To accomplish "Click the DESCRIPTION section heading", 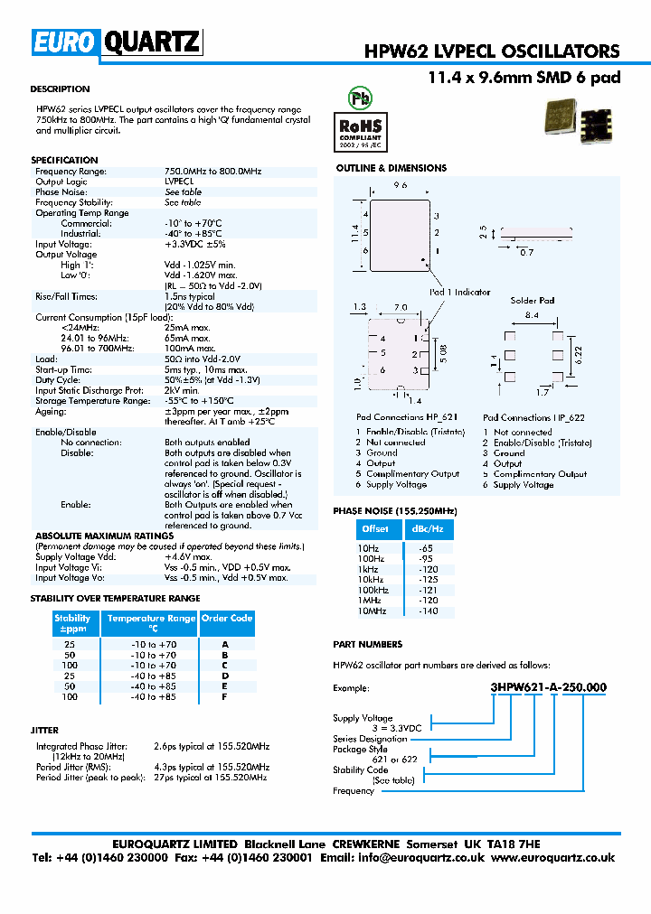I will [x=60, y=89].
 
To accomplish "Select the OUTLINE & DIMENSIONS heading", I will [x=392, y=168].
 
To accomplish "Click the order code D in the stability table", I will [x=225, y=676].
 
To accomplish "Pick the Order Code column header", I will [x=227, y=619].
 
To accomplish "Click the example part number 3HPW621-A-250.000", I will [x=548, y=687].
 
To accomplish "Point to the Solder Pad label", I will [x=532, y=300].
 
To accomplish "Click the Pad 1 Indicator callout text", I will [x=459, y=292].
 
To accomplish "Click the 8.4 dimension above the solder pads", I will [x=532, y=315].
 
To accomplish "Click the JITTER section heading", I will [x=44, y=730].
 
